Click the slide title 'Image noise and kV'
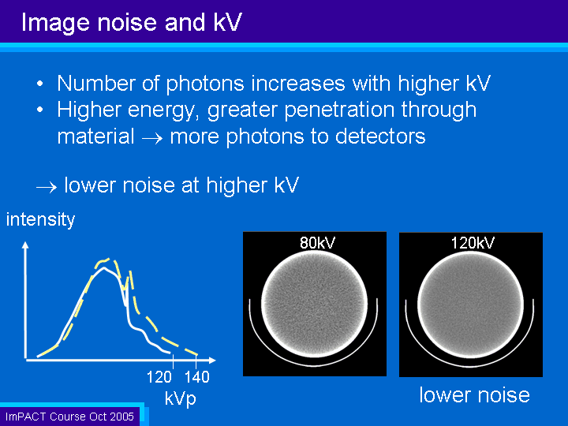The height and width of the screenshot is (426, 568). (x=132, y=22)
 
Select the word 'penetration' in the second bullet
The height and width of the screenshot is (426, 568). (x=339, y=110)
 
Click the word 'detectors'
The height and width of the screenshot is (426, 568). (x=380, y=136)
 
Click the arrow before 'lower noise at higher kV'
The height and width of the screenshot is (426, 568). (x=47, y=187)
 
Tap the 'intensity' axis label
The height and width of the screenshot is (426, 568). (x=40, y=219)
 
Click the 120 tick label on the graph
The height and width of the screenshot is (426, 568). (x=159, y=377)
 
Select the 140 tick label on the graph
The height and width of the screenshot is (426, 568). (x=197, y=377)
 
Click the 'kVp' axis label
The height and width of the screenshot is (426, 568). (x=181, y=398)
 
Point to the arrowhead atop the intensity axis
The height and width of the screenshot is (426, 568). (x=25, y=245)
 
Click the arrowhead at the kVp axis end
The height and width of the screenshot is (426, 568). (x=213, y=360)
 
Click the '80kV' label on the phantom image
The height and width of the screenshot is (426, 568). (x=317, y=243)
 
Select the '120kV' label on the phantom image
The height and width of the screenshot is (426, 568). (x=473, y=243)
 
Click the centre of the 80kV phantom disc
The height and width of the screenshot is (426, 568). (x=315, y=305)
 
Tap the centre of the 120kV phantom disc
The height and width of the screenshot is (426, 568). (x=470, y=305)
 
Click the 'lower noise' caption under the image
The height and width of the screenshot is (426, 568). (x=475, y=395)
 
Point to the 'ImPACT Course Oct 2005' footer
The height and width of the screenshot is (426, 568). (x=69, y=417)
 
